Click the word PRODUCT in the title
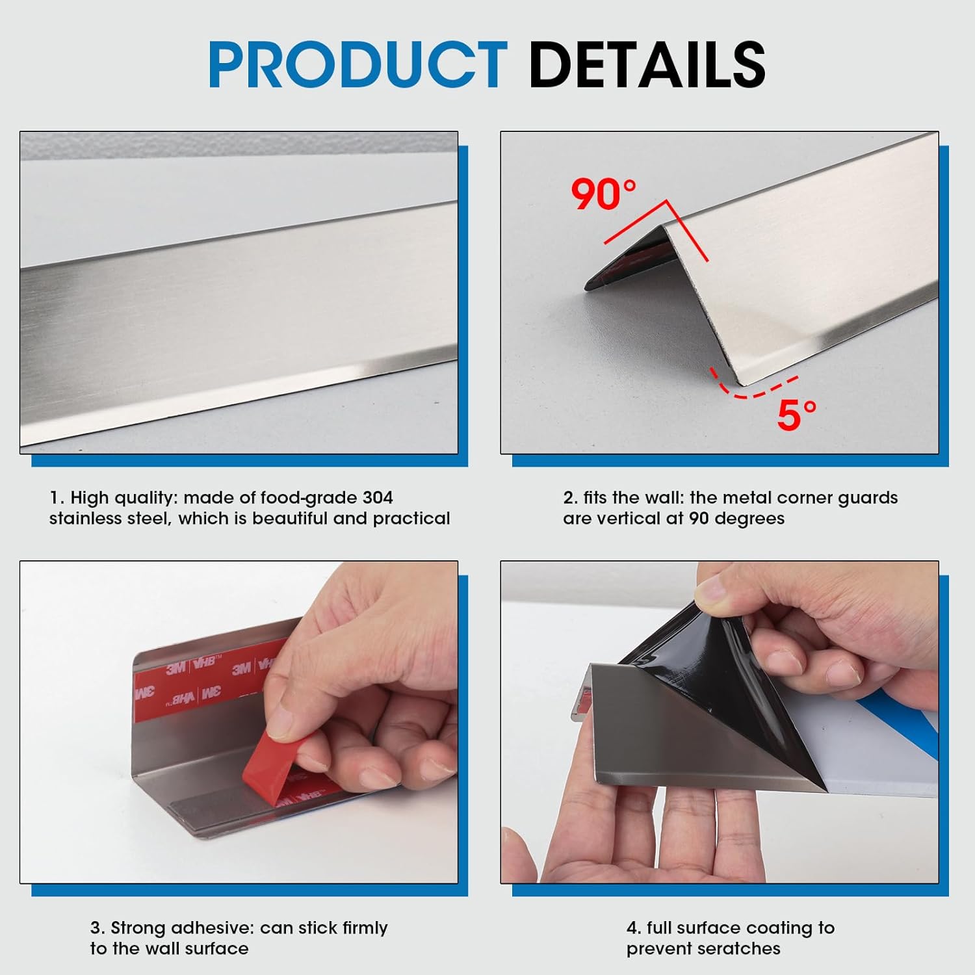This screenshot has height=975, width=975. coord(357,64)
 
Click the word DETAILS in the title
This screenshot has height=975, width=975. coord(647,64)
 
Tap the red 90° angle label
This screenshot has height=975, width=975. coord(603,194)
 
